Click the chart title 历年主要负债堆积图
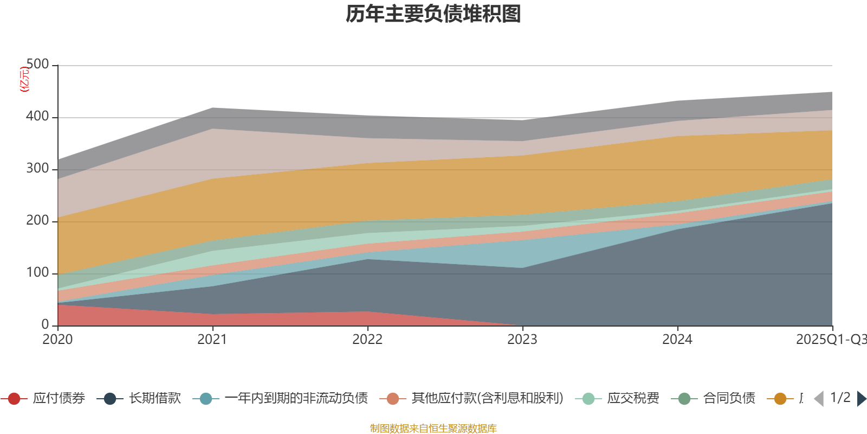[433, 15]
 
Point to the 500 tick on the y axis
[37, 65]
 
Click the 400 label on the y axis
[37, 117]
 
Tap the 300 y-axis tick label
[37, 169]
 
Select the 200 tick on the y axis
[37, 221]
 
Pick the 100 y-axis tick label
[37, 273]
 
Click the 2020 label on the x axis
[57, 340]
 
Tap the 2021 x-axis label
[212, 340]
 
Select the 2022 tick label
[367, 340]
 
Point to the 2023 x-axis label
[522, 340]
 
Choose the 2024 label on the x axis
[677, 340]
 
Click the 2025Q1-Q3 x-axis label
[830, 340]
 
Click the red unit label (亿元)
[24, 79]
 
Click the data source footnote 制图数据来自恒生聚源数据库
[433, 429]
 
